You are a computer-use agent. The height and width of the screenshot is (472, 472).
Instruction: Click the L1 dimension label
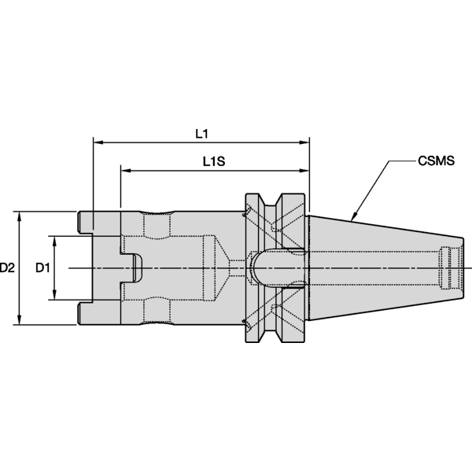[x=201, y=133]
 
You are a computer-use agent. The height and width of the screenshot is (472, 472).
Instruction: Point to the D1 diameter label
[x=43, y=267]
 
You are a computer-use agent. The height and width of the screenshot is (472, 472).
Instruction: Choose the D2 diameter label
[x=9, y=267]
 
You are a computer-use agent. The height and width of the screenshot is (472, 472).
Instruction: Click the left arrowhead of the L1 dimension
[x=98, y=143]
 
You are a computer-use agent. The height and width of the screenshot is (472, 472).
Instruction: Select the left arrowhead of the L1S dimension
[x=125, y=171]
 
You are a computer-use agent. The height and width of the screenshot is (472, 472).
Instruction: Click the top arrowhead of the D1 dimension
[x=53, y=239]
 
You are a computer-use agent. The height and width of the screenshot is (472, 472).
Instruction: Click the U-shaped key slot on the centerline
[x=132, y=268]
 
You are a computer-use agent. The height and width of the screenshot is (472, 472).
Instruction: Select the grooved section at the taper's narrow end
[x=449, y=267]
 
